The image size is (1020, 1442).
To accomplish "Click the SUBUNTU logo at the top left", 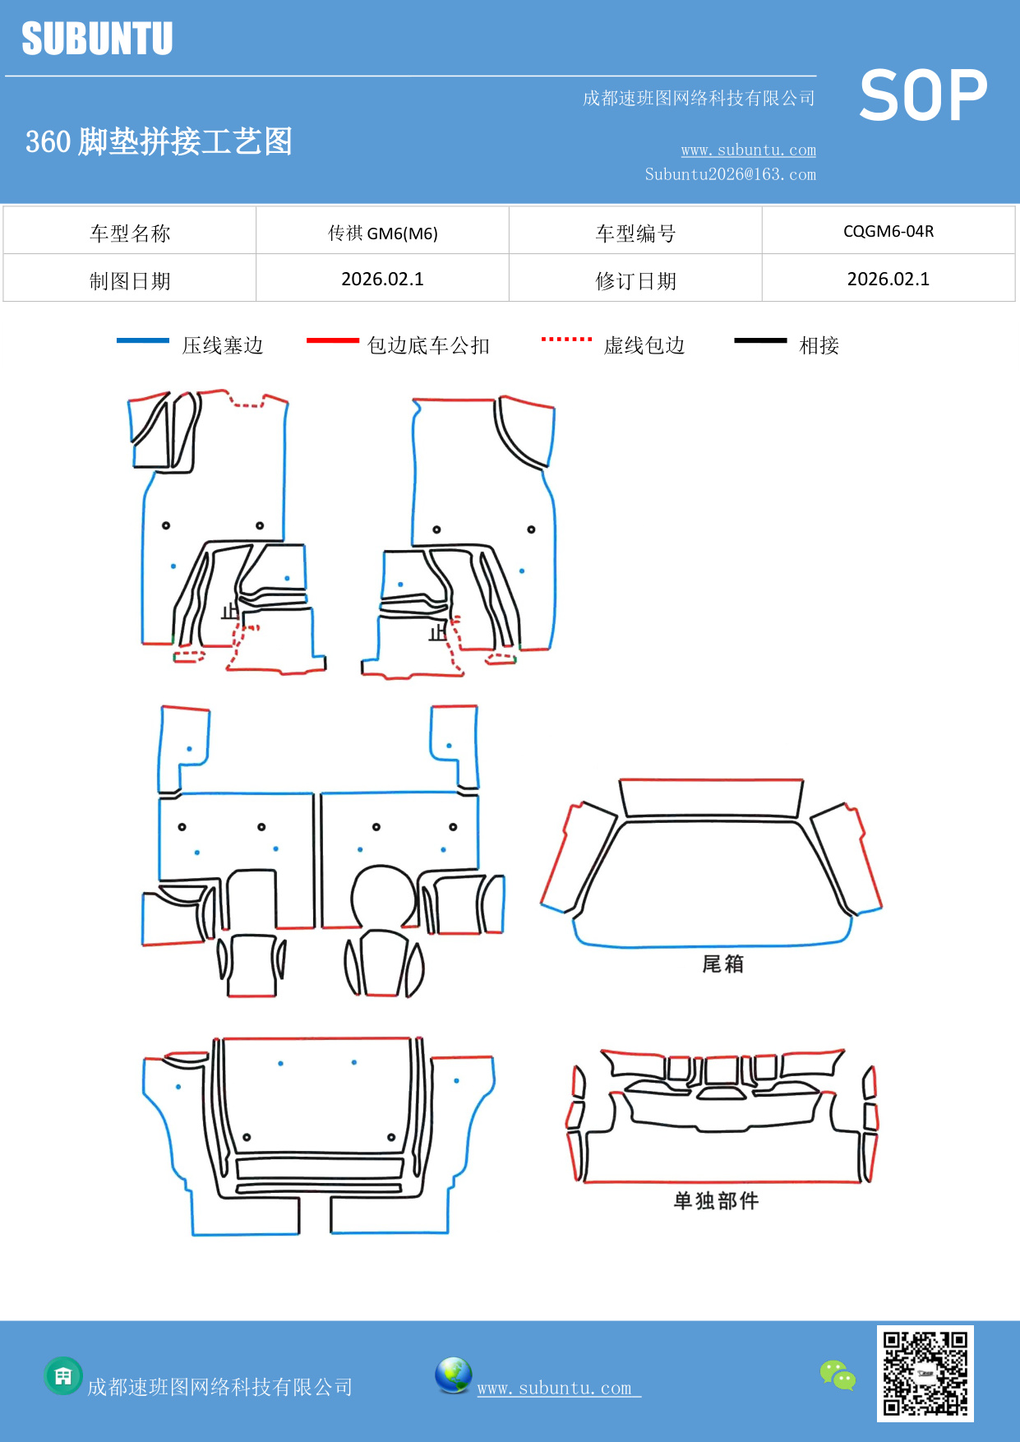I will pyautogui.click(x=97, y=39).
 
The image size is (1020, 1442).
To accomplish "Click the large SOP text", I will pyautogui.click(x=923, y=96).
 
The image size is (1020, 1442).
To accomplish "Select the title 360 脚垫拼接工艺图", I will pyautogui.click(x=159, y=141).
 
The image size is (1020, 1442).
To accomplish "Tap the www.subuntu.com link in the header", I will pyautogui.click(x=748, y=150).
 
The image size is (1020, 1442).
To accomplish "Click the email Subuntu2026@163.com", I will pyautogui.click(x=730, y=174).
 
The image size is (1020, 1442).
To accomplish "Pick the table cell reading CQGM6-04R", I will pyautogui.click(x=888, y=231).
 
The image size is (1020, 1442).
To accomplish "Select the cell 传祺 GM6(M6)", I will pyautogui.click(x=382, y=233).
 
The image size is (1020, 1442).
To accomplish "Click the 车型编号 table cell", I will pyautogui.click(x=635, y=233).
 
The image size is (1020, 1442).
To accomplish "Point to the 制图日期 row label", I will pyautogui.click(x=130, y=281).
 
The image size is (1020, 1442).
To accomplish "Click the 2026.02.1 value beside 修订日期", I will pyautogui.click(x=888, y=279).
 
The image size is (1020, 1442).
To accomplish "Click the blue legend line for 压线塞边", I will pyautogui.click(x=143, y=340).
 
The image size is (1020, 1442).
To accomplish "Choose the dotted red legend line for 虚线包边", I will pyautogui.click(x=566, y=339).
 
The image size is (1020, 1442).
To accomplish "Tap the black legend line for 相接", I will pyautogui.click(x=760, y=340).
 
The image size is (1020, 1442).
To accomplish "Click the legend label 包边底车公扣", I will pyautogui.click(x=428, y=345).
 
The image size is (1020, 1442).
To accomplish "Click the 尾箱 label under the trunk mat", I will pyautogui.click(x=722, y=964).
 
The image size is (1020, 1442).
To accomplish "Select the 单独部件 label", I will pyautogui.click(x=716, y=1200).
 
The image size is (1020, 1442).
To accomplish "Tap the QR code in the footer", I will pyautogui.click(x=925, y=1374).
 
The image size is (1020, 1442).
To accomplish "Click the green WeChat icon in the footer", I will pyautogui.click(x=838, y=1375).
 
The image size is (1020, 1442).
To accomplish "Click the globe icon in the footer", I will pyautogui.click(x=453, y=1375).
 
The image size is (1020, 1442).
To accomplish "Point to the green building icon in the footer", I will pyautogui.click(x=63, y=1375).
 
